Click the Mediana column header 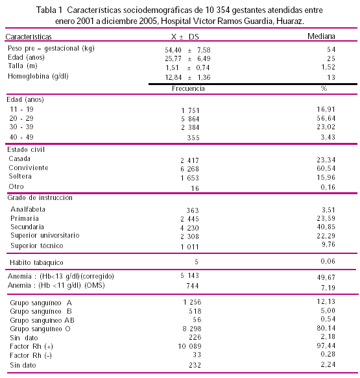click(321, 36)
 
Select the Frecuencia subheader click(188, 88)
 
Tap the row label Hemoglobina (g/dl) click(38, 77)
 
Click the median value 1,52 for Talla click(328, 67)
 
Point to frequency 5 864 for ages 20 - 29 click(190, 119)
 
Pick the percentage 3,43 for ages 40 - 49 click(328, 137)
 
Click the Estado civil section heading click(26, 149)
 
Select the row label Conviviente click(29, 168)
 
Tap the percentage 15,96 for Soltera click(326, 177)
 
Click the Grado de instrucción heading click(40, 197)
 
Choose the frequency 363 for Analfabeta click(193, 210)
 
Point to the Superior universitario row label click(45, 235)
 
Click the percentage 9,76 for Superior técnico click(328, 244)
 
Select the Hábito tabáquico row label click(36, 262)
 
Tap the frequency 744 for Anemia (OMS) click(193, 286)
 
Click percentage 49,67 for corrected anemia click(326, 277)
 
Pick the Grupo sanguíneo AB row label click(42, 320)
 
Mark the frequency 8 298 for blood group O click(192, 329)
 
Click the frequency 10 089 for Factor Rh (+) click(189, 346)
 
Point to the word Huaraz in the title click(290, 21)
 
